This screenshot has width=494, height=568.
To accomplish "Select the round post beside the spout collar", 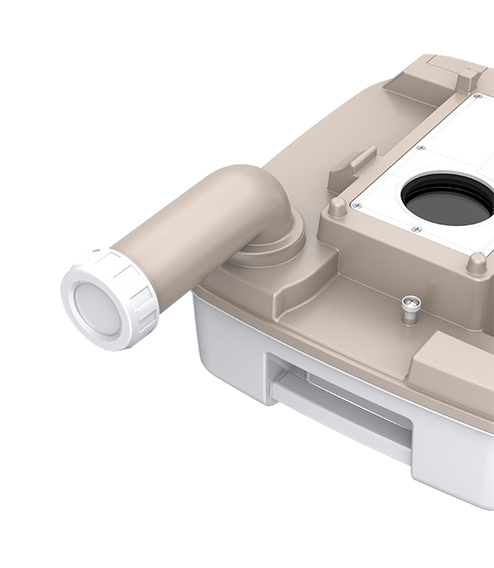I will click(x=337, y=207).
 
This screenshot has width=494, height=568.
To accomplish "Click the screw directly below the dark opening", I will click(x=417, y=229).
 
